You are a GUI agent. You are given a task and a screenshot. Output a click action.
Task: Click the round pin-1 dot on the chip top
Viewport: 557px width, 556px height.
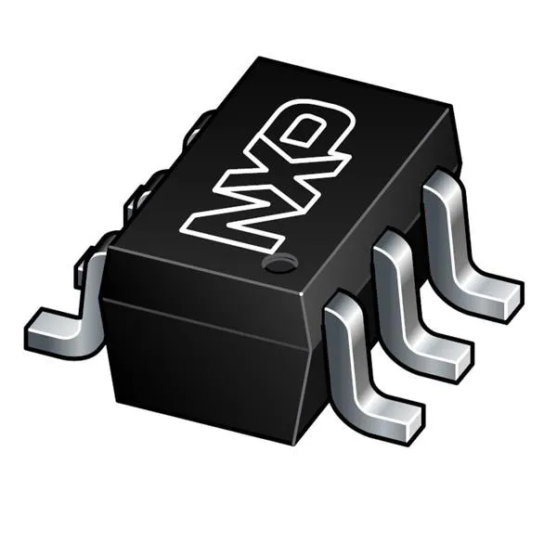point(278,264)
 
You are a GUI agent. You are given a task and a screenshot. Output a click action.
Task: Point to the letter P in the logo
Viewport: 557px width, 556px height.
point(313,129)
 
